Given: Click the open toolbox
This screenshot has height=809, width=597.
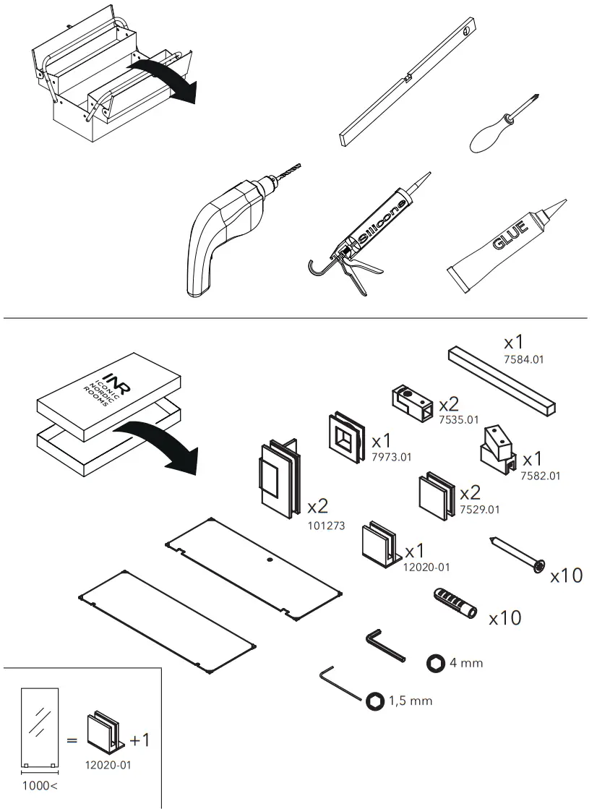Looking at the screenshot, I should coord(108,80).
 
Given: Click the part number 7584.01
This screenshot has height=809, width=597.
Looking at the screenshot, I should coord(523,359).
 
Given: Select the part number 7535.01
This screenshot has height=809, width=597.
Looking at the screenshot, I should coord(459,419).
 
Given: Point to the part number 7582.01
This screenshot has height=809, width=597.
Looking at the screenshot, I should coord(540,475).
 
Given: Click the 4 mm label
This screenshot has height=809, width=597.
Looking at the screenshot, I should coord(465,662).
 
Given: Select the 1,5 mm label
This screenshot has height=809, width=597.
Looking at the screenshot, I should coord(411,701).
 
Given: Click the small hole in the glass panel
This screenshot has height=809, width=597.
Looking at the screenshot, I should coord(268,559).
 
